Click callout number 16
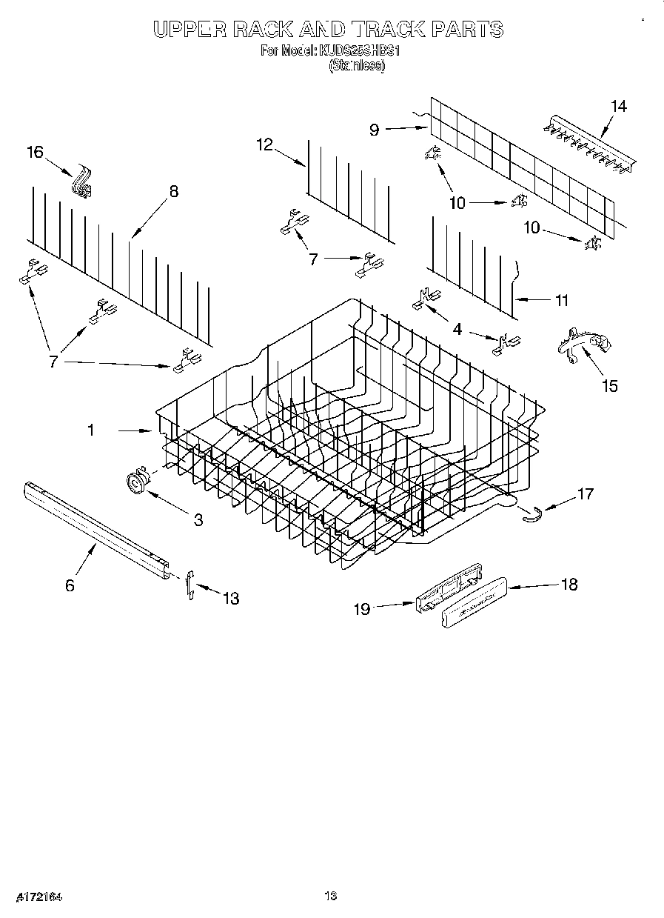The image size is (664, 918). (35, 153)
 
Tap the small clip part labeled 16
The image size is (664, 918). (81, 184)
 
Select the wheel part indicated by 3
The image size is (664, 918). (136, 482)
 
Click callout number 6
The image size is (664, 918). (70, 585)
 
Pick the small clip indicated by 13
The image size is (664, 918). (190, 585)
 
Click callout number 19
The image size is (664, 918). (361, 609)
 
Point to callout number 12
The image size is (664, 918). (265, 144)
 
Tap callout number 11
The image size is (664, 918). (561, 300)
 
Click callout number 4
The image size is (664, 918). (457, 329)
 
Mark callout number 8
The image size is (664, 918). (173, 191)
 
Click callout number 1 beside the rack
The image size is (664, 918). (91, 430)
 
